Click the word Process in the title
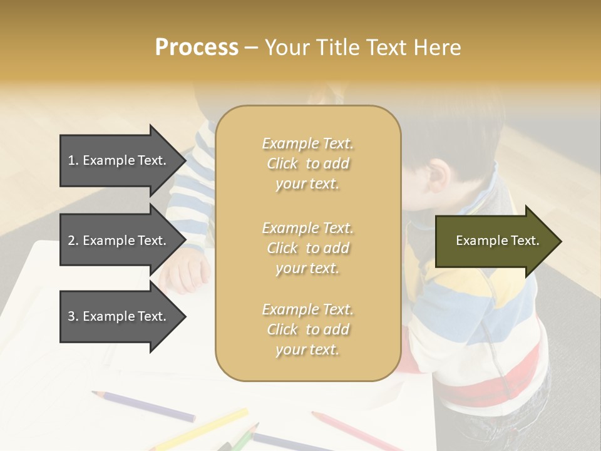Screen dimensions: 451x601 click(x=197, y=48)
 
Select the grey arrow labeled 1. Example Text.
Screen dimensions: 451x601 click(x=119, y=160)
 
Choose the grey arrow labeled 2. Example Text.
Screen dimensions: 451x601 click(x=119, y=241)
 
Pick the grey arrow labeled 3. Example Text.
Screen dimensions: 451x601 click(x=119, y=316)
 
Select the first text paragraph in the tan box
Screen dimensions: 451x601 click(x=307, y=163)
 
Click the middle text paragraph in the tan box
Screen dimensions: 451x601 click(x=307, y=248)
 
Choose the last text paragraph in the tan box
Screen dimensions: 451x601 click(x=307, y=329)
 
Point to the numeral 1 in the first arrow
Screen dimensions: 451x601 click(x=71, y=160)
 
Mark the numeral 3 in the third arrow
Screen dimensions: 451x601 click(x=71, y=316)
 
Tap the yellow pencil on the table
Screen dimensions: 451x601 click(x=200, y=429)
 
